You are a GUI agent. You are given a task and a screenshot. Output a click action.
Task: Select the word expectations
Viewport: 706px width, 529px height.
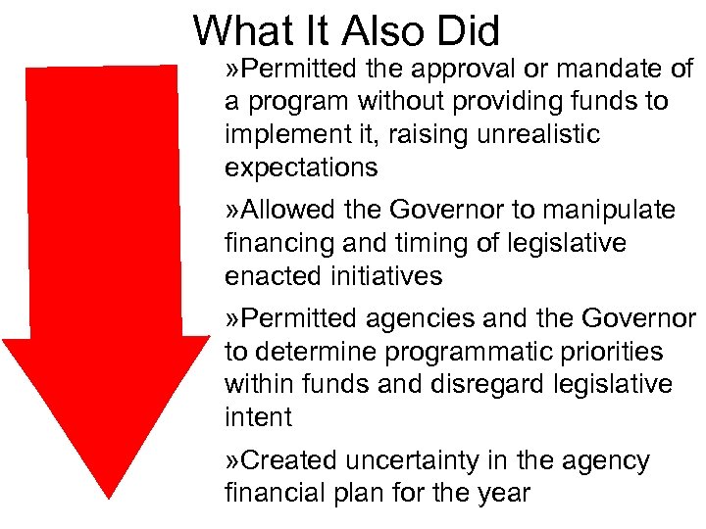301,168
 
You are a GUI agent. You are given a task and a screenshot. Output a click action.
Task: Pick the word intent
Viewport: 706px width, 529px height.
258,417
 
